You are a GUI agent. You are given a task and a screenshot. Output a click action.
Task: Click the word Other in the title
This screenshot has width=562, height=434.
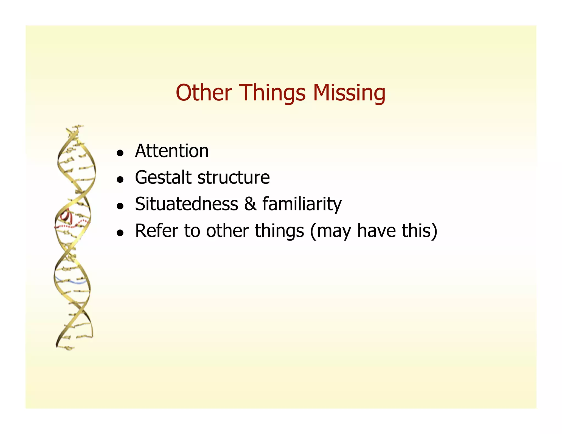[x=204, y=93]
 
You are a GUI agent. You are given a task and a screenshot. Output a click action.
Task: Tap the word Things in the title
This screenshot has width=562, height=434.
[x=273, y=93]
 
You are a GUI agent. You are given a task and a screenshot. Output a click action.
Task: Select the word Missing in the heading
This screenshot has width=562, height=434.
[x=349, y=93]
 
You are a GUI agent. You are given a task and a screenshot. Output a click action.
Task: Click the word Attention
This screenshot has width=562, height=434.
[x=172, y=151]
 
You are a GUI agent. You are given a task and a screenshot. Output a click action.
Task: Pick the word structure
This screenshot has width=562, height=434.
[x=234, y=177]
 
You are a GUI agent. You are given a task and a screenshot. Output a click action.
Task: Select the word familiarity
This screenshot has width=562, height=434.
[x=302, y=204]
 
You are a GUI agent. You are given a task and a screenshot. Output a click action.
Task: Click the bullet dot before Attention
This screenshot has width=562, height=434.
[x=120, y=153]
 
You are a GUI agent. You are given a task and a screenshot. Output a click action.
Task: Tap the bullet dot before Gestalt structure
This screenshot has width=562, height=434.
[x=120, y=180]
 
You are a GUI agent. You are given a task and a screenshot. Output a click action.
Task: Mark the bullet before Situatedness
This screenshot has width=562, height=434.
[x=120, y=206]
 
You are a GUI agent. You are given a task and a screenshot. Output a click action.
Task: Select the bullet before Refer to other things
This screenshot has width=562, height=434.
[x=120, y=233]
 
